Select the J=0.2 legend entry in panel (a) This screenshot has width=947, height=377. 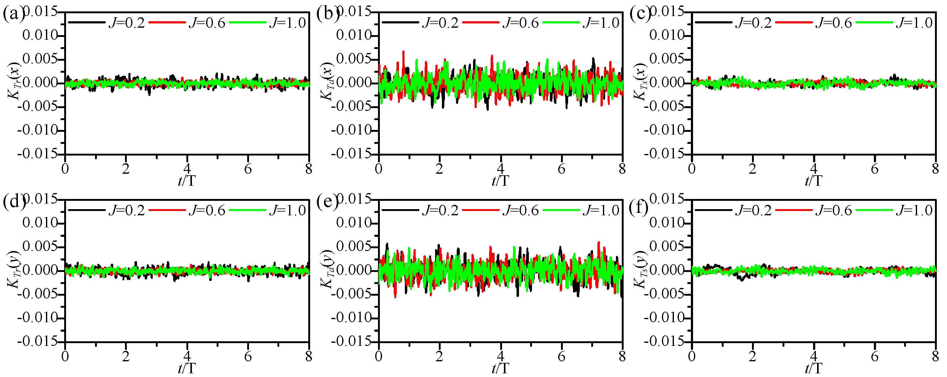(x=107, y=23)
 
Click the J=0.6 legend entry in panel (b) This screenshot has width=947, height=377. (x=501, y=23)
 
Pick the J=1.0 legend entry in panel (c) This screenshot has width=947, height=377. (x=895, y=23)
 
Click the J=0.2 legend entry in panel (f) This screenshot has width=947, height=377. (x=733, y=211)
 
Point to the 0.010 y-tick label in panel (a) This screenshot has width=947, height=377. (x=40, y=36)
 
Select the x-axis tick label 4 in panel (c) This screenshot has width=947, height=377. (x=814, y=169)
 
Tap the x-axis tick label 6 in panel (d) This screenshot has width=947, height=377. (x=248, y=357)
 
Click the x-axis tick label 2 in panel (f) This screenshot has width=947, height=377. (x=753, y=357)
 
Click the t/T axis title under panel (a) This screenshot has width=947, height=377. (x=187, y=181)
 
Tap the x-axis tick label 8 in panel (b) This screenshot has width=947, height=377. (x=622, y=169)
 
